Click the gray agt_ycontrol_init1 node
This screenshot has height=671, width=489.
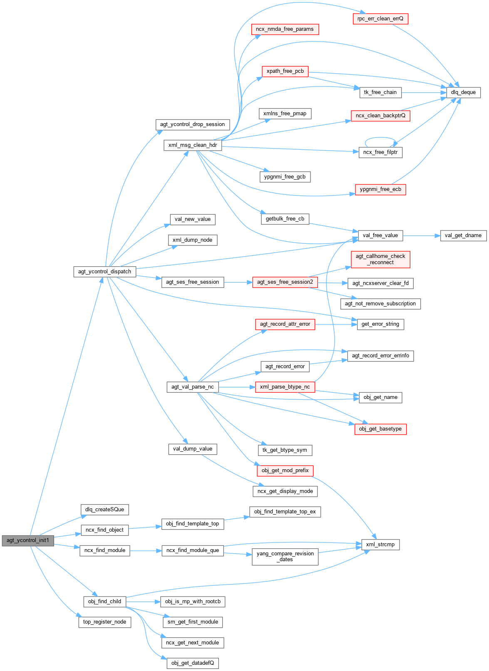[x=27, y=540]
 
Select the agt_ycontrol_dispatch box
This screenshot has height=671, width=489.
[x=104, y=272]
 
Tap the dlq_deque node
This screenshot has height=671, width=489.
[x=463, y=92]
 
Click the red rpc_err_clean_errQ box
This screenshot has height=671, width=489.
[x=380, y=19]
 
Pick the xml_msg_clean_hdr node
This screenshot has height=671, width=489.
[x=193, y=145]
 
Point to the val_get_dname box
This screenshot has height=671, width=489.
[x=463, y=235]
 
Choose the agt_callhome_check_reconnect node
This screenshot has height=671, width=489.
[x=380, y=259]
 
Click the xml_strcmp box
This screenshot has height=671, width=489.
[x=380, y=545]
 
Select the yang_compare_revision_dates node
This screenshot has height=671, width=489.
[x=285, y=557]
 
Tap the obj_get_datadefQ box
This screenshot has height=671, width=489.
[x=192, y=663]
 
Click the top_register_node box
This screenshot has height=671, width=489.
[x=104, y=622]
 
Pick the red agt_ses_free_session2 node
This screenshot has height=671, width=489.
[x=285, y=282]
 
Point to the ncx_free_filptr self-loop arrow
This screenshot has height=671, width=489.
[x=380, y=138]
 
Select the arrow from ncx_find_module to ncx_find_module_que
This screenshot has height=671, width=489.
[x=146, y=550]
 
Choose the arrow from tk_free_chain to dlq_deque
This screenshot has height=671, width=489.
[x=424, y=92]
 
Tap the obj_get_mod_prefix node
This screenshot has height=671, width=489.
[x=285, y=470]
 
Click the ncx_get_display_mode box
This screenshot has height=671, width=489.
[x=285, y=491]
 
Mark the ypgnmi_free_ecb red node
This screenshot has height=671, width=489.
[x=380, y=189]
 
